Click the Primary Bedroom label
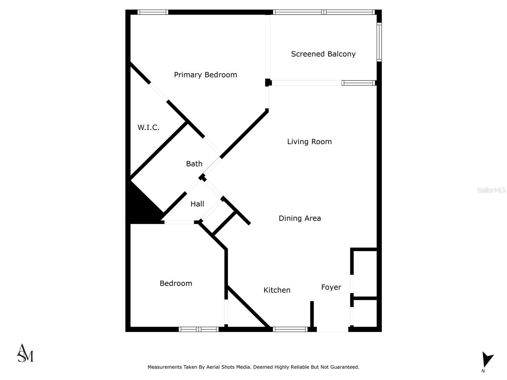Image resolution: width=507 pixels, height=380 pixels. click(x=205, y=75)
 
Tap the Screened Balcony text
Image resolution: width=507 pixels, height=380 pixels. click(x=323, y=54)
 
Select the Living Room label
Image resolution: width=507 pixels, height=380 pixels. click(x=309, y=142)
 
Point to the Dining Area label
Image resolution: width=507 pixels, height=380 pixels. click(x=300, y=218)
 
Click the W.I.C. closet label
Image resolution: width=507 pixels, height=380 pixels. click(x=148, y=128)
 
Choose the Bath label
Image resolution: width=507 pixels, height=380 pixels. click(x=194, y=164)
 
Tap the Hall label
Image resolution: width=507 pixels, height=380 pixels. click(x=197, y=204)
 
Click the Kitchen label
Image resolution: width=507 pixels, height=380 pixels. click(x=277, y=290)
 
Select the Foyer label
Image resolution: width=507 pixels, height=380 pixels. click(x=331, y=287)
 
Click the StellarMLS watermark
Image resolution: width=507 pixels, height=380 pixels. click(x=491, y=190)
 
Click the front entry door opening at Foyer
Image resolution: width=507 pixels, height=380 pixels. click(x=332, y=329)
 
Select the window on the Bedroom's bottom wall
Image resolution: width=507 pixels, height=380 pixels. click(x=199, y=329)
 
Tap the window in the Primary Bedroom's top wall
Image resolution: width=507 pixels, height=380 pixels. click(x=153, y=12)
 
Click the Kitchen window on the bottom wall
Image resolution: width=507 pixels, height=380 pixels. click(x=290, y=329)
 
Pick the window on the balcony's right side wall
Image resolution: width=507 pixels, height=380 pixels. click(x=379, y=41)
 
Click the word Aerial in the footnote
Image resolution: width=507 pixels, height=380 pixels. click(x=214, y=367)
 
